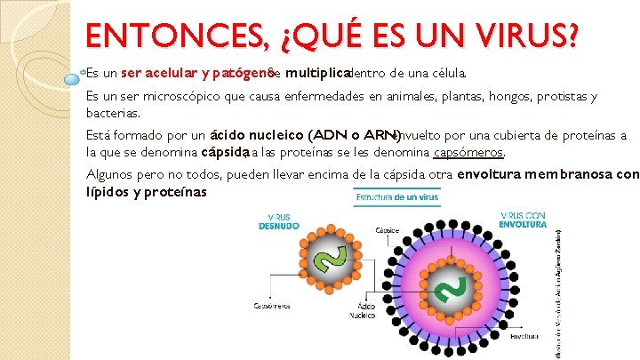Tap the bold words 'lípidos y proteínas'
(146, 192)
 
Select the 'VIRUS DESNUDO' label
(279, 220)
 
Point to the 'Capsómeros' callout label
(272, 306)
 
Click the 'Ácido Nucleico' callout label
(363, 309)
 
